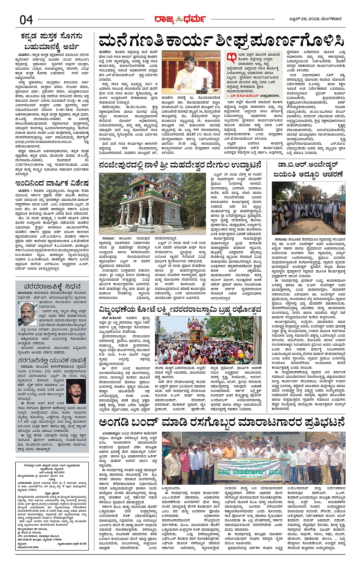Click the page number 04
(x=26, y=20)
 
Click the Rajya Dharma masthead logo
(x=180, y=19)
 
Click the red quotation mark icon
(x=231, y=58)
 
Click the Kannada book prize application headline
(x=52, y=41)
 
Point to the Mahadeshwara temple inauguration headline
(x=180, y=165)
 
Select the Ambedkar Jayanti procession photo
(x=309, y=208)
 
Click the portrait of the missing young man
(x=77, y=391)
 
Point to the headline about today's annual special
(x=52, y=183)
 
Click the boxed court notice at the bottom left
(x=52, y=506)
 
